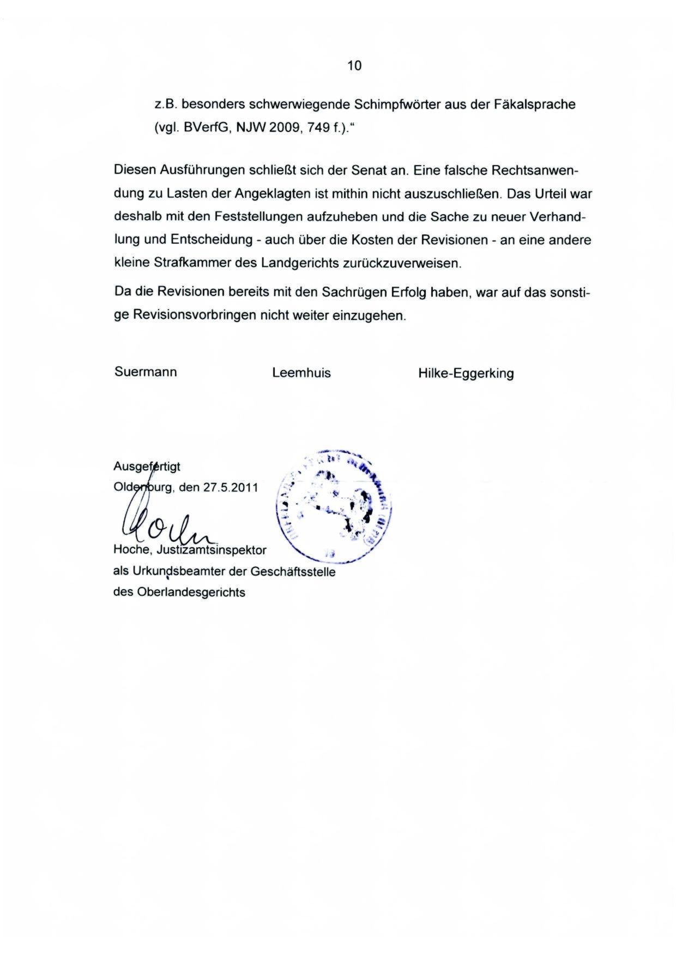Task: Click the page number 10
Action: [354, 66]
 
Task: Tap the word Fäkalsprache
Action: [535, 105]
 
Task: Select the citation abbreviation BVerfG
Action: [201, 128]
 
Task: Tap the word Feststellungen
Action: [258, 217]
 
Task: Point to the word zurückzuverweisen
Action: [402, 263]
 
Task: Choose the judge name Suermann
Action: [146, 372]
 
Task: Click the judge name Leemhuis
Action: [301, 373]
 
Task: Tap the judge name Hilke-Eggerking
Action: [466, 373]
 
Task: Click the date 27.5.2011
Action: [230, 487]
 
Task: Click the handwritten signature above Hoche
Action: [164, 523]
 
